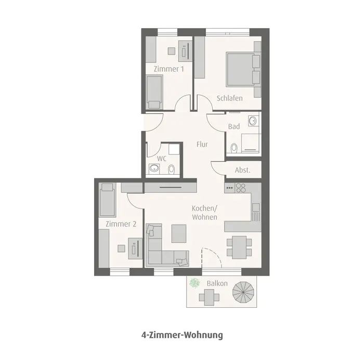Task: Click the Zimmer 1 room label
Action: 168,69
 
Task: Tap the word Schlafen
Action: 230,98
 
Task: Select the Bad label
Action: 234,126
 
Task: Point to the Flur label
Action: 202,144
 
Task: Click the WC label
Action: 161,159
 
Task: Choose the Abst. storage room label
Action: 243,170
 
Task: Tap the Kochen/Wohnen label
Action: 204,213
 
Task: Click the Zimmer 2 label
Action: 121,224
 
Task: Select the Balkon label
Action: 216,283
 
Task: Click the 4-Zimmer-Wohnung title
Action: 182,335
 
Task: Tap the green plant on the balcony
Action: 195,283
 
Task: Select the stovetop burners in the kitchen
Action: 240,188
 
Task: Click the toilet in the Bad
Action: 234,148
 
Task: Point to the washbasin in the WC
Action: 154,168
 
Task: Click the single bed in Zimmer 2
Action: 108,200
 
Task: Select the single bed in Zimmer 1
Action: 154,92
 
